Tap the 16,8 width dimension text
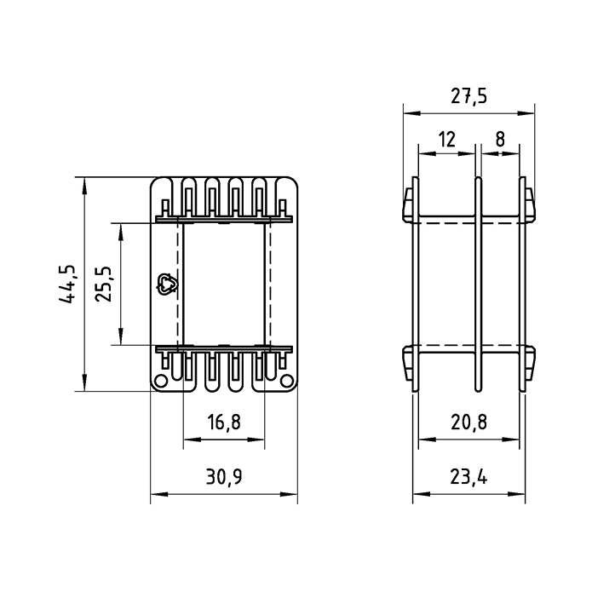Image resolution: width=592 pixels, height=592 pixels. tap(224, 421)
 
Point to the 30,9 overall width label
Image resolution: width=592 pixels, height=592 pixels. tap(224, 477)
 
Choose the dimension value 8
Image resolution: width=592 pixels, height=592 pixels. tap(500, 139)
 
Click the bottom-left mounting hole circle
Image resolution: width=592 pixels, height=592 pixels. tap(162, 379)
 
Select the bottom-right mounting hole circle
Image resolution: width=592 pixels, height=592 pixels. tap(287, 379)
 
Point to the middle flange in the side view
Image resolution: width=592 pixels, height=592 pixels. tap(478, 285)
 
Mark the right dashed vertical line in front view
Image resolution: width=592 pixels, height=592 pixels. tap(270, 285)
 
